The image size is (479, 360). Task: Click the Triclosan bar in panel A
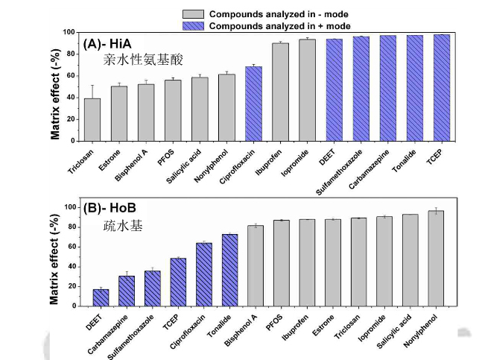[x=92, y=119]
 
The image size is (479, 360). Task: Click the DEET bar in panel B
[x=101, y=297]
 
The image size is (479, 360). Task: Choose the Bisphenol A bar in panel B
[x=256, y=265]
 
